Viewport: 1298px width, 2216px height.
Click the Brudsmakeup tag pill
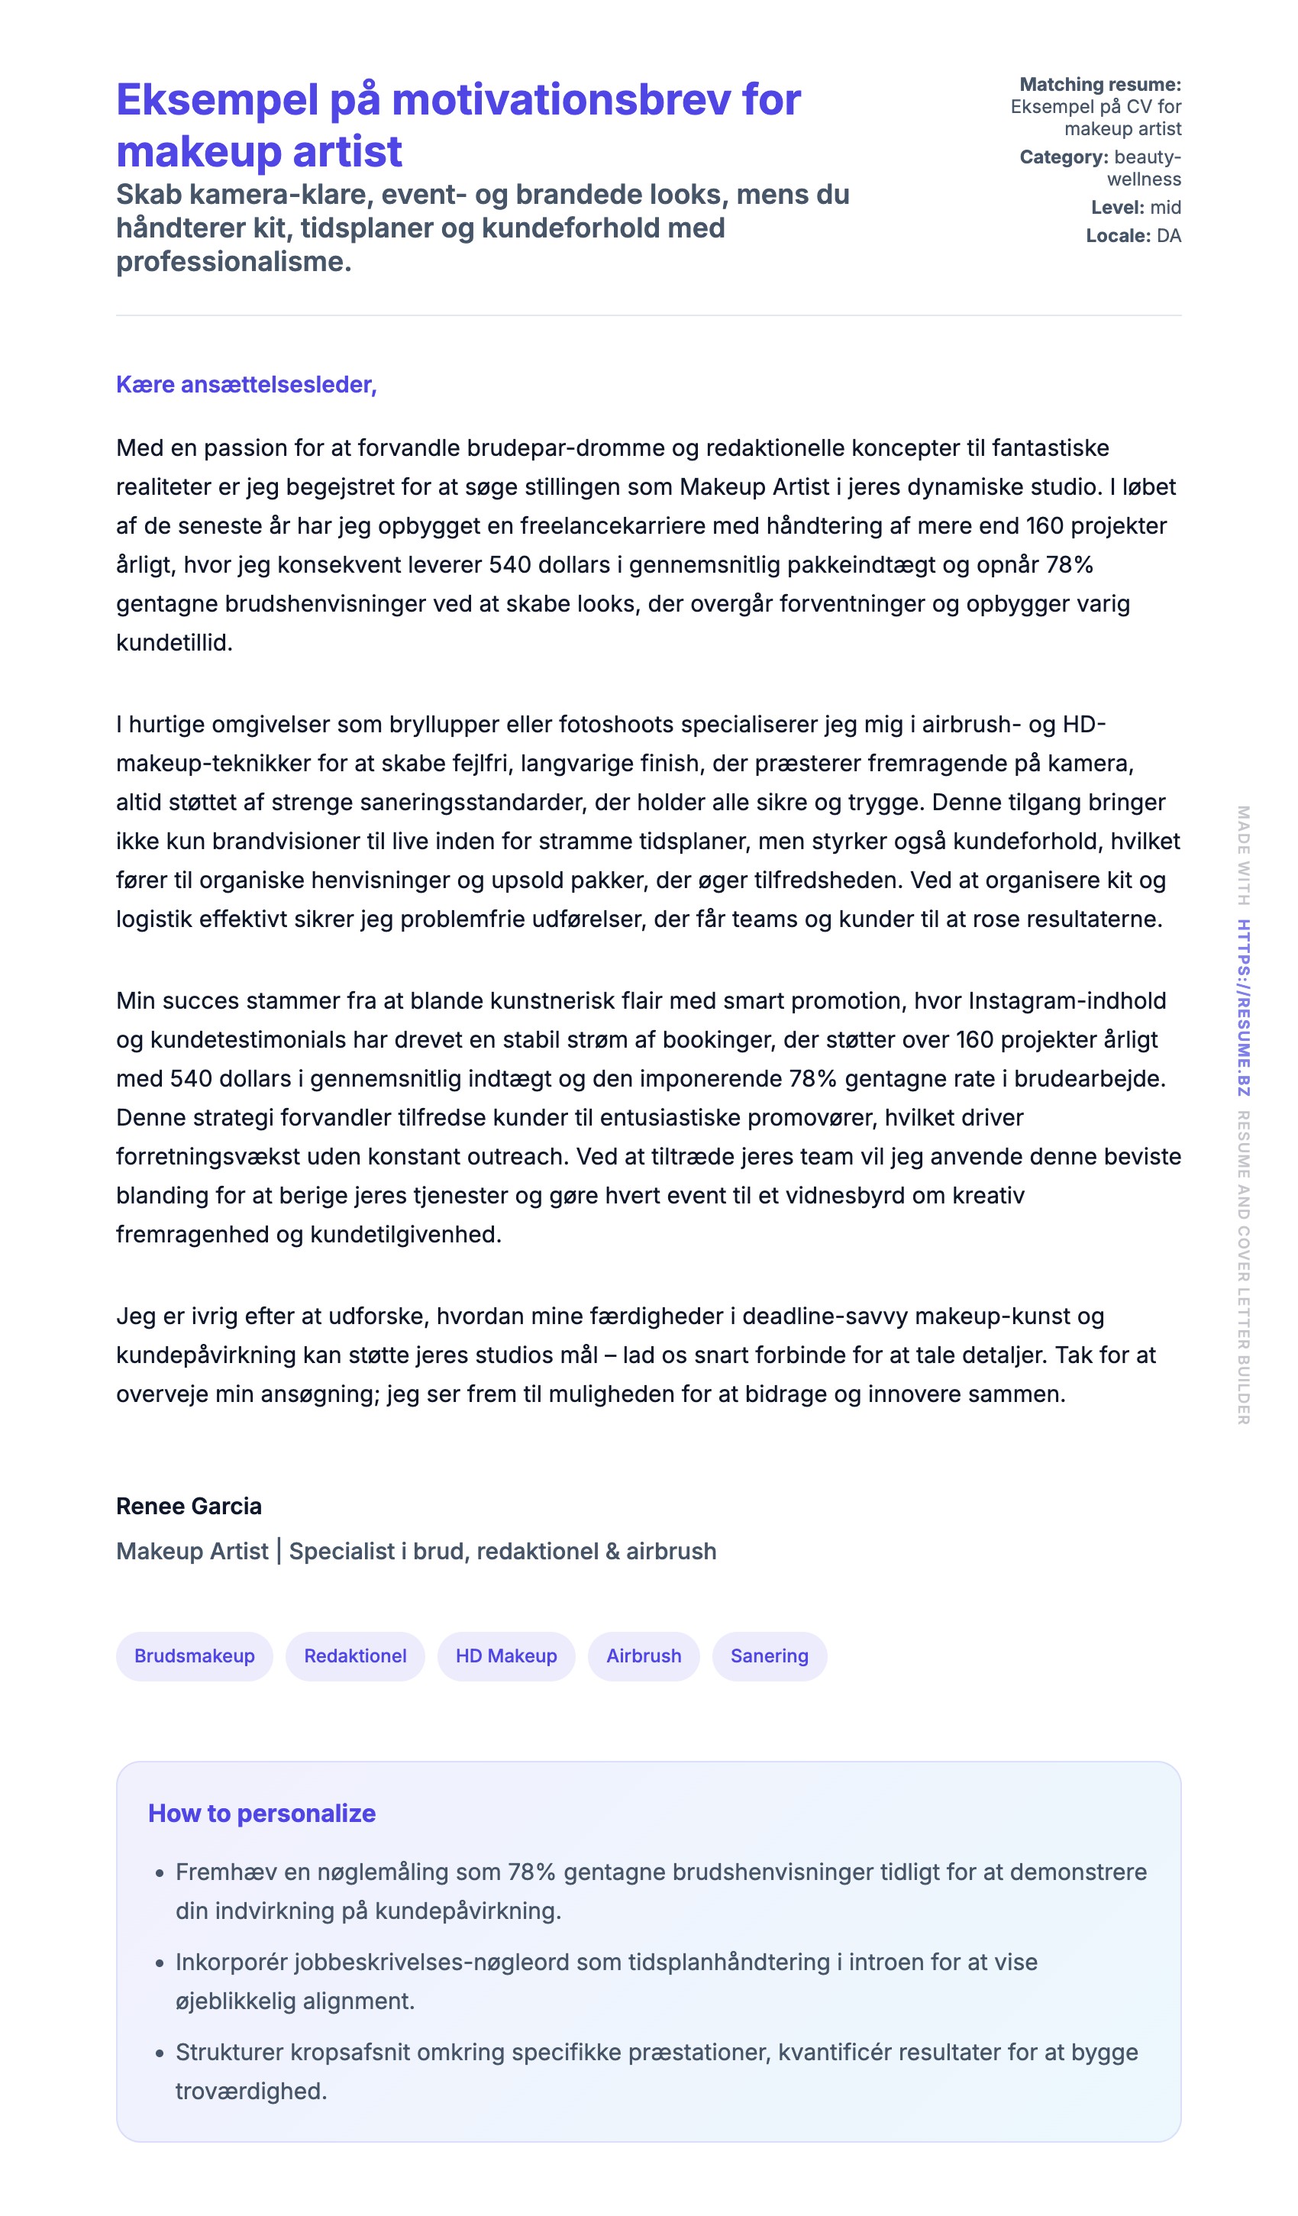tap(195, 1656)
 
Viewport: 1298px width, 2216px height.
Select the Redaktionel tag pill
tap(355, 1656)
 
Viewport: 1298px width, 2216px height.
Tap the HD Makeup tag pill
tap(505, 1656)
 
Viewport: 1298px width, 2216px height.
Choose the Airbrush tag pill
tap(644, 1656)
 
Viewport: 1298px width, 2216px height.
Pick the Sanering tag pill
tap(769, 1656)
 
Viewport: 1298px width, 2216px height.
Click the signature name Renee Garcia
tap(189, 1507)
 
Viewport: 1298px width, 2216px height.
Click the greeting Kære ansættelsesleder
tap(246, 384)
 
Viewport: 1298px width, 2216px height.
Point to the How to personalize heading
tap(261, 1814)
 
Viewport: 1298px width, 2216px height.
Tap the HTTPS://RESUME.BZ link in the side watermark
tap(1244, 1008)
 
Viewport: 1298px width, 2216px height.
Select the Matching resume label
tap(1099, 85)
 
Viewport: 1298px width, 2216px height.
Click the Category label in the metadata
tap(1063, 157)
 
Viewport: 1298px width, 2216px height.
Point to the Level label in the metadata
tap(1117, 208)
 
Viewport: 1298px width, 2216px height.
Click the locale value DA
tap(1169, 236)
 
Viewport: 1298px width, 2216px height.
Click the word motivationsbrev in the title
tap(561, 99)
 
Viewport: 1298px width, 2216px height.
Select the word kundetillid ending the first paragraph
tap(173, 643)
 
